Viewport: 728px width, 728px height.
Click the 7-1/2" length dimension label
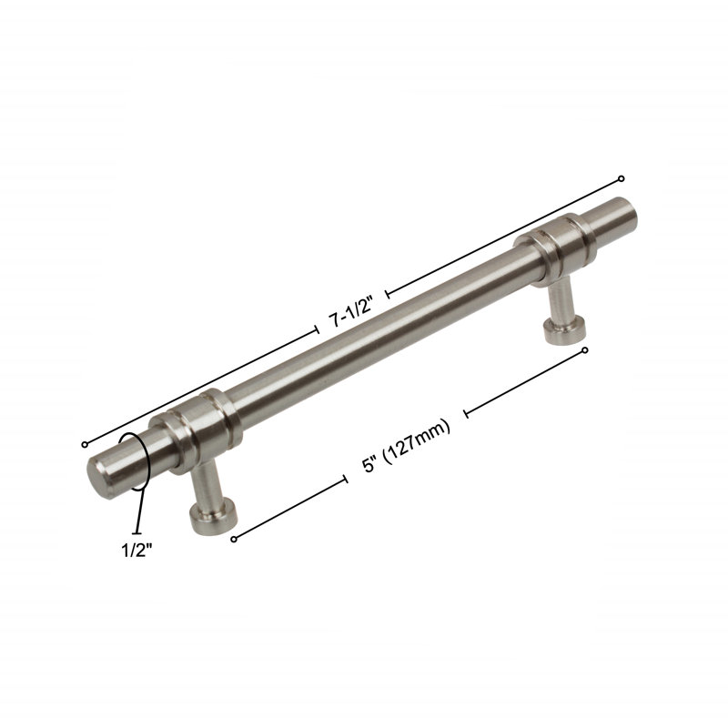(x=351, y=312)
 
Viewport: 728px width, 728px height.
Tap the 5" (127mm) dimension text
(x=406, y=446)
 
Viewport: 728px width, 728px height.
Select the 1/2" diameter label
(x=137, y=551)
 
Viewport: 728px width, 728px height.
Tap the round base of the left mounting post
(x=214, y=518)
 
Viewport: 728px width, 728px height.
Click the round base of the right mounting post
(x=564, y=330)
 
